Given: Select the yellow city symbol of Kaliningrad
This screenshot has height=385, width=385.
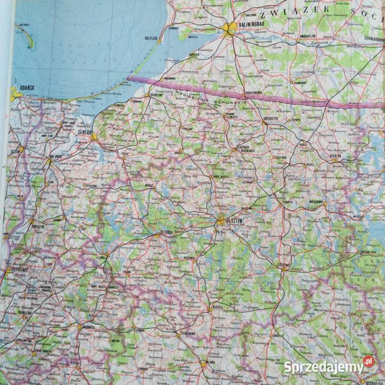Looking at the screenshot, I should [231, 29].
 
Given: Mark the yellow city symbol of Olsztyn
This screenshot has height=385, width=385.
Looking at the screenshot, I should [220, 220].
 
